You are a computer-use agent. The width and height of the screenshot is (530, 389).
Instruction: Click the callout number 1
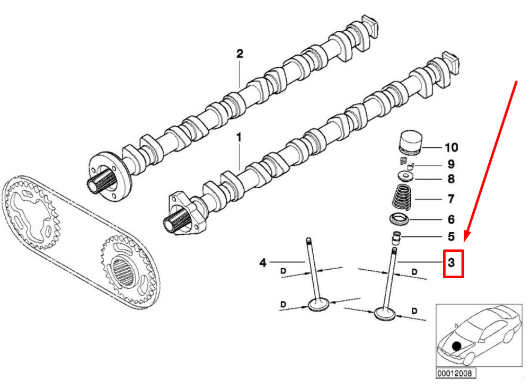click(x=238, y=138)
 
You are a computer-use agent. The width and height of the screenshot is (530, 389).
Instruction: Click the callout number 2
click(x=240, y=54)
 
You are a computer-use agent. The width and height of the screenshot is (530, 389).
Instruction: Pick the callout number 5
click(x=451, y=236)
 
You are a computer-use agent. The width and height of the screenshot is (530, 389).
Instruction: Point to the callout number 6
click(x=451, y=219)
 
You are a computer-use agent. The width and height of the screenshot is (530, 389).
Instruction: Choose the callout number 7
click(x=451, y=199)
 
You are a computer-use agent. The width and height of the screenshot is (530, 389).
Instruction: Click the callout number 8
click(x=451, y=180)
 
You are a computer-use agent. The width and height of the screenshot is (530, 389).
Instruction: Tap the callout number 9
click(x=451, y=165)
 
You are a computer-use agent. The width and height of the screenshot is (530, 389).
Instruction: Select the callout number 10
click(x=452, y=147)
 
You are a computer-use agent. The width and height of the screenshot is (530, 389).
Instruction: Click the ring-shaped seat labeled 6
click(x=399, y=218)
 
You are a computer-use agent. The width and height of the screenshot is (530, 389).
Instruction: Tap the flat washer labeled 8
click(x=405, y=176)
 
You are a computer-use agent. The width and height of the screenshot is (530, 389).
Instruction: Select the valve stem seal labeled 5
click(x=397, y=237)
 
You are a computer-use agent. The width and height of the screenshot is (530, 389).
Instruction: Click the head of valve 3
click(x=385, y=314)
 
